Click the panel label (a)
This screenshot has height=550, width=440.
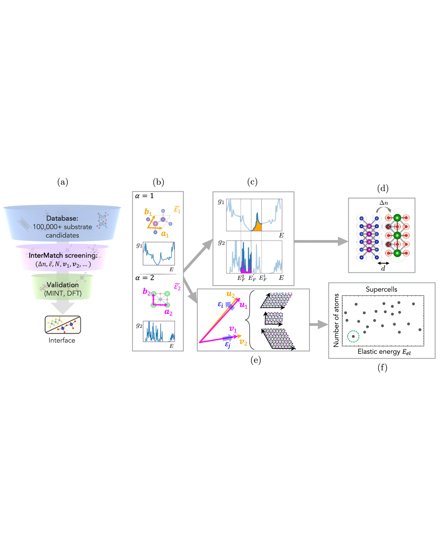coord(63,182)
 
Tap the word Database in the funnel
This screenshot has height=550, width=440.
coord(62,218)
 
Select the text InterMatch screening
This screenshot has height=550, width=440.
coord(63,256)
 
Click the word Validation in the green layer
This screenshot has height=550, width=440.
coord(63,285)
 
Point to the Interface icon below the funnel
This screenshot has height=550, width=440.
coord(63,325)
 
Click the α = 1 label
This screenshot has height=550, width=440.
coord(144,196)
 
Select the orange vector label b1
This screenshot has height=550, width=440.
coord(148,212)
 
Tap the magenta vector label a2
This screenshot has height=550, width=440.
coord(168,312)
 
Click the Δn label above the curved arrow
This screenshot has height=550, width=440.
coord(384,203)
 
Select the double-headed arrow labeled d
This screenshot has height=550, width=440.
coord(383,263)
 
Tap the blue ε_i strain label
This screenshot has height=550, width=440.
coord(221,305)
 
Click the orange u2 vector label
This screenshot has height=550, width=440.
coord(230,294)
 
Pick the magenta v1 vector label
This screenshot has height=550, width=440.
coord(233,329)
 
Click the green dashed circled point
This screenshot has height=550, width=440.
coord(353,336)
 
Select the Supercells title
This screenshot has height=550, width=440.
coord(381,289)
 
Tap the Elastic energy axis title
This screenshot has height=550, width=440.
coord(384,352)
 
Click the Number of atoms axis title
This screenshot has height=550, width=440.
coord(336,320)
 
